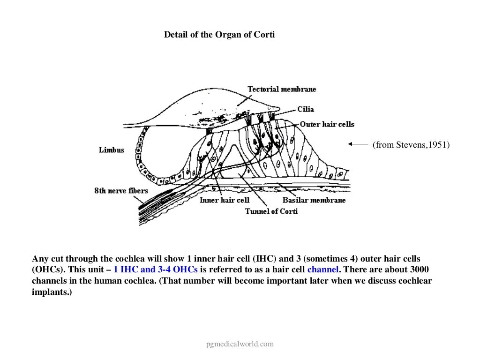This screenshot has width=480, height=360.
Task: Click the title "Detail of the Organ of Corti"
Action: point(219,35)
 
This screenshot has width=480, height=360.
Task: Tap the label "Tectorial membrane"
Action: point(282,89)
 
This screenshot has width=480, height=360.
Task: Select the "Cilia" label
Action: point(306,109)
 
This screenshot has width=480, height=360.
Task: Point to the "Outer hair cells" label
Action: point(327,124)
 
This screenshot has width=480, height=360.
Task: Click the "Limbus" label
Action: point(112,150)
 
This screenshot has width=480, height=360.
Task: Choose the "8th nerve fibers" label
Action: point(121,191)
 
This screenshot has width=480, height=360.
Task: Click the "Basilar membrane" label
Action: point(314,200)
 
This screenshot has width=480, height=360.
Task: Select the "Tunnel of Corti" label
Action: point(271,211)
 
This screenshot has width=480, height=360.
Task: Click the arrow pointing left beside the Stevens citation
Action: point(358,145)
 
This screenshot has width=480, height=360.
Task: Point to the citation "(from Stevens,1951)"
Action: point(411,145)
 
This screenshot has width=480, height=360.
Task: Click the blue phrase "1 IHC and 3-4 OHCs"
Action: point(156,270)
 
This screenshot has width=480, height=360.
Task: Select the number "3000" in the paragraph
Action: point(420,270)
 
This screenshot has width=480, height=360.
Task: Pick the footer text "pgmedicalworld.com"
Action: point(240,344)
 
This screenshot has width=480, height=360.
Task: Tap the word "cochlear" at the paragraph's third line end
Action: point(413,281)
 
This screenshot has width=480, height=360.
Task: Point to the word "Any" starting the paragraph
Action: point(40,259)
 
